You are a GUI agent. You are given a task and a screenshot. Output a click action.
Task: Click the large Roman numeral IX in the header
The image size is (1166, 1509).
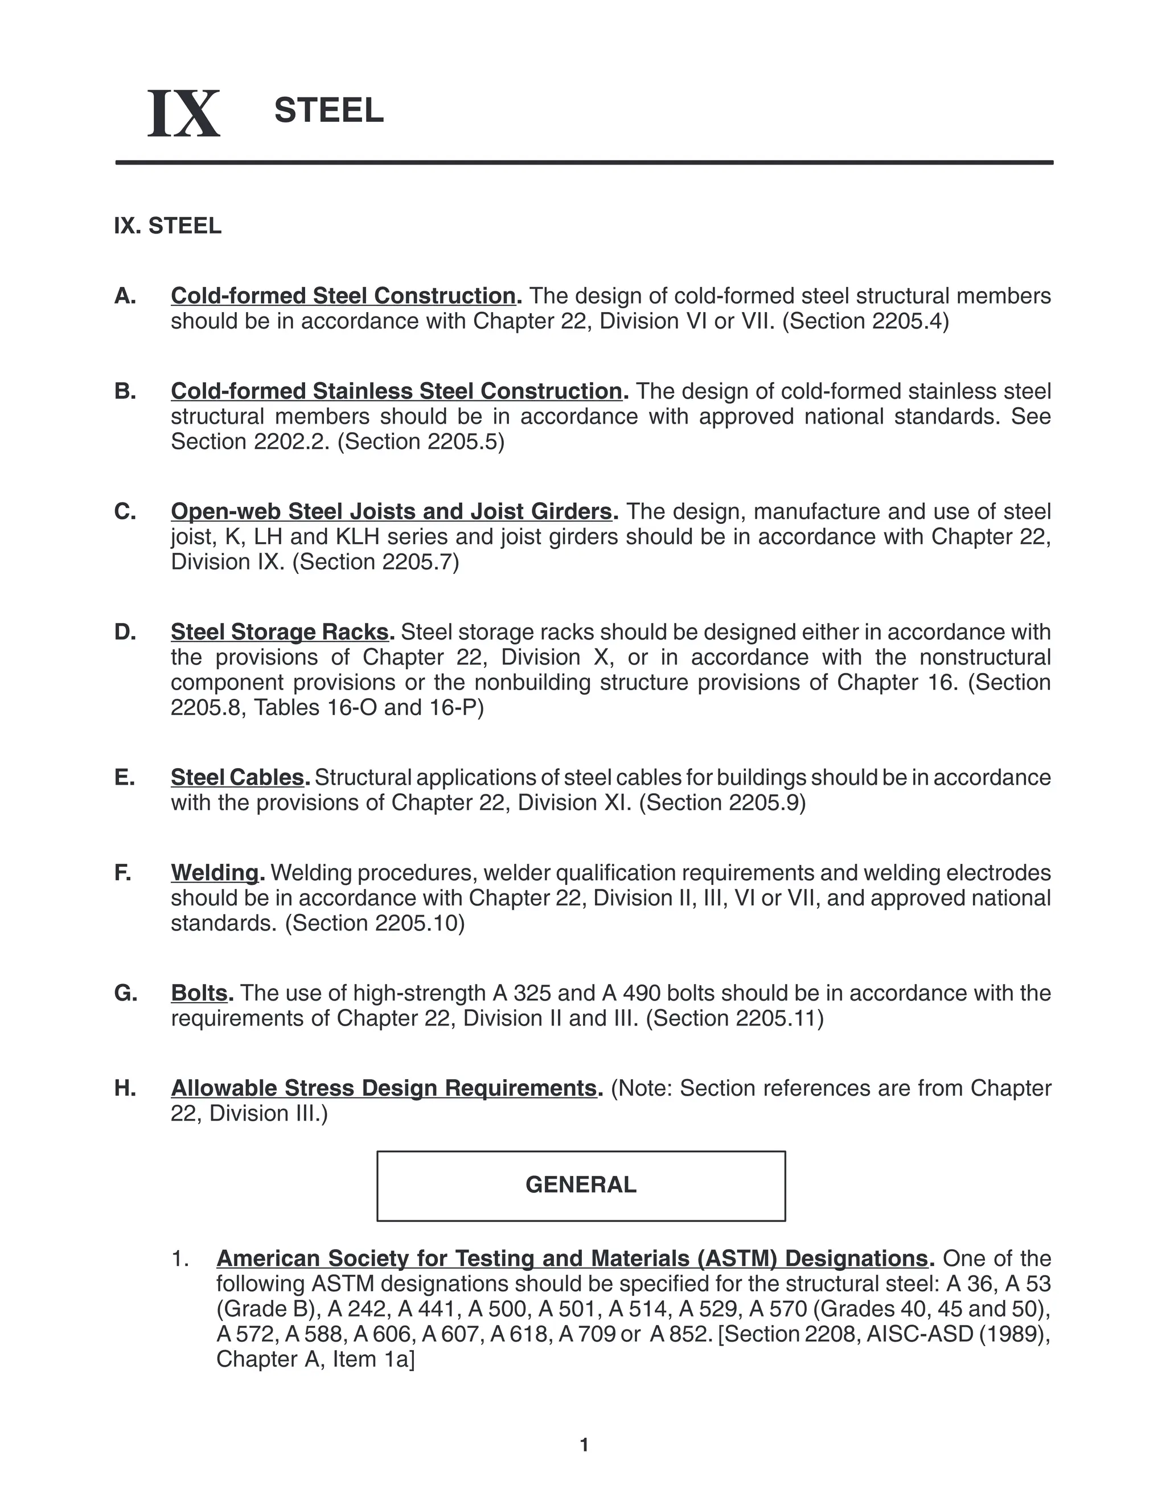(184, 113)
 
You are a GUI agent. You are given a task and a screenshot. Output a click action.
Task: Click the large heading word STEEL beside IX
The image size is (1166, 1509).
(329, 110)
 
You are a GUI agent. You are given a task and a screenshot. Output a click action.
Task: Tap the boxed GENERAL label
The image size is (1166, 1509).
(580, 1185)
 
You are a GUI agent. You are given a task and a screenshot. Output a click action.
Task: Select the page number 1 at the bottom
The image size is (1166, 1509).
(584, 1445)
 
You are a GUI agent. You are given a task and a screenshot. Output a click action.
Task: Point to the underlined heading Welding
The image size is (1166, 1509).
(215, 872)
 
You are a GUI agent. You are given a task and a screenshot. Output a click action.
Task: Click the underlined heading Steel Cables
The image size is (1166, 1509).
(237, 777)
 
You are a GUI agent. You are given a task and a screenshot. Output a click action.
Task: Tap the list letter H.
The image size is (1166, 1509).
(125, 1088)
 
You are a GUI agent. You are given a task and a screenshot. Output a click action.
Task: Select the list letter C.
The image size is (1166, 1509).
(125, 511)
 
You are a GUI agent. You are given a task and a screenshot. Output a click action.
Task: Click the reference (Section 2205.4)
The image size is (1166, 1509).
(865, 321)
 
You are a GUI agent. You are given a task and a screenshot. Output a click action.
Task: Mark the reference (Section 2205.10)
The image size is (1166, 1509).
(375, 923)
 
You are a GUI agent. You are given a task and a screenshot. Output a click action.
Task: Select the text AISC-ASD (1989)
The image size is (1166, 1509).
(958, 1334)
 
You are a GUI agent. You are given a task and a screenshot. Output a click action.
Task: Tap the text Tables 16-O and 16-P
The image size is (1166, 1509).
(368, 707)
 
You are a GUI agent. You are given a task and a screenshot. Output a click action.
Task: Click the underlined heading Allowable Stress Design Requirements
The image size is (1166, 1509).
(383, 1088)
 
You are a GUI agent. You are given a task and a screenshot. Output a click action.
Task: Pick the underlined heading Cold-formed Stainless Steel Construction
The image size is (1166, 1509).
(396, 391)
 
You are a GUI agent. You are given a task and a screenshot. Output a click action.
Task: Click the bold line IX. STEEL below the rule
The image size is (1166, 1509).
(168, 226)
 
